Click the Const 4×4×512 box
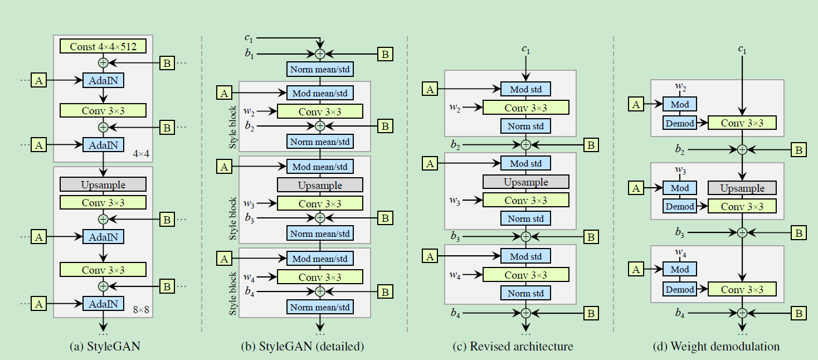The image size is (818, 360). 103,46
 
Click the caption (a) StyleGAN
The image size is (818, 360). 105,346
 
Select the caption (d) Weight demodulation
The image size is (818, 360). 716,346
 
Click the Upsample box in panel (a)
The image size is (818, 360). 103,184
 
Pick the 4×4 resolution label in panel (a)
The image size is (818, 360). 141,152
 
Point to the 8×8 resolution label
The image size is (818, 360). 141,309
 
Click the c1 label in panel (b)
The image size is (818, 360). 249,38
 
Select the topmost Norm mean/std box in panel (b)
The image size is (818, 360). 320,69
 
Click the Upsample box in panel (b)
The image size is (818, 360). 320,184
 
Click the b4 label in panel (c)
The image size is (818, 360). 455,314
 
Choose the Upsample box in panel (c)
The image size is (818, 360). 525,182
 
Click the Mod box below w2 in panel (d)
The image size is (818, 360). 680,104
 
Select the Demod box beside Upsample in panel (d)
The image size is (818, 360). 680,206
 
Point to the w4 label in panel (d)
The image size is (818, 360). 680,253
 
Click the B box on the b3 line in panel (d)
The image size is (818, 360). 798,232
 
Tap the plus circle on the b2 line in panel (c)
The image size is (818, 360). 525,145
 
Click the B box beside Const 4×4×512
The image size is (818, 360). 167,62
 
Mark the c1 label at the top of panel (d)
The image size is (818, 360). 742,50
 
